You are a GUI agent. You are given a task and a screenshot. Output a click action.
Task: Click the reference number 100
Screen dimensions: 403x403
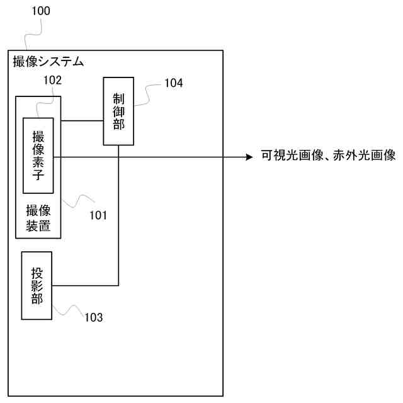(40, 11)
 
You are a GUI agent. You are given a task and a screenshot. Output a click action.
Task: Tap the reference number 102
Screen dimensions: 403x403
(52, 81)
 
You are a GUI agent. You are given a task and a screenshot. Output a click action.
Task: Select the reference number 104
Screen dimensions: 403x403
(173, 82)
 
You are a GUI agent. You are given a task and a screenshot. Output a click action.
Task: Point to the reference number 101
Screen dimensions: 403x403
(98, 215)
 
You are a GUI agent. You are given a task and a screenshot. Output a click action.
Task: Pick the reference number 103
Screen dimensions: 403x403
(93, 317)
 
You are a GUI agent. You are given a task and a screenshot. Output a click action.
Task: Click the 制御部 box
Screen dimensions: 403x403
(118, 111)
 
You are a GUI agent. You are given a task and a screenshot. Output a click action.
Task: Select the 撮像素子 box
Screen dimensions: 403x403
(38, 155)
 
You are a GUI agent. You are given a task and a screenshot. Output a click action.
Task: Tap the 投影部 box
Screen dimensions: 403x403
(37, 286)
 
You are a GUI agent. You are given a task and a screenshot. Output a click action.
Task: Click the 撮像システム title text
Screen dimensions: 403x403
(48, 62)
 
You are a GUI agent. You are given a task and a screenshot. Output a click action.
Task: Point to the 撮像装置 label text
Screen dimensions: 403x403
(38, 218)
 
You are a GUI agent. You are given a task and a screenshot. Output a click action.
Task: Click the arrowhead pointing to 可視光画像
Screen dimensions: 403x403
(248, 156)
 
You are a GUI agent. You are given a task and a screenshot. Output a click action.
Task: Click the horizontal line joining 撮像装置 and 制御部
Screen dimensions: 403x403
(82, 120)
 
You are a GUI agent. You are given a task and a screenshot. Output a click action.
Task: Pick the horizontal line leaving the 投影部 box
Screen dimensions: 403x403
(85, 285)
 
